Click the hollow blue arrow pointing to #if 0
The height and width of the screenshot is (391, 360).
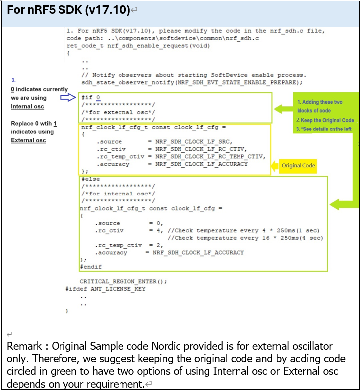(68, 98)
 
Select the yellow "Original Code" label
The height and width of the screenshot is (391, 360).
(298, 166)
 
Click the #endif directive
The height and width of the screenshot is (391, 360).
(90, 266)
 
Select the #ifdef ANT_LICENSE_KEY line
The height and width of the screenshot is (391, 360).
(105, 288)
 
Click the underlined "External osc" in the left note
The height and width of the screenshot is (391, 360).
(28, 140)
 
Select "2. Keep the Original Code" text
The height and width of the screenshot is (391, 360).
(325, 120)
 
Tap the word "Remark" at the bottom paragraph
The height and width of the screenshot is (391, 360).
(23, 346)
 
